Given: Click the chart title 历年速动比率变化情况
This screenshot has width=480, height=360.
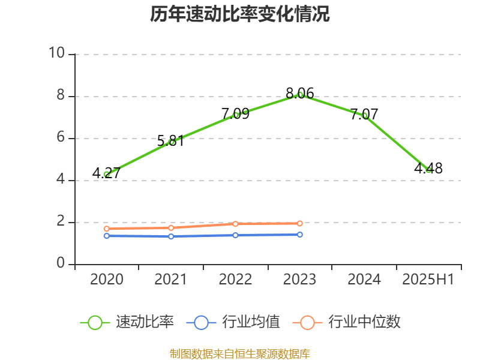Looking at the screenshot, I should pyautogui.click(x=239, y=14).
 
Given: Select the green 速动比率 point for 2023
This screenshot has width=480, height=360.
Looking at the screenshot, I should pyautogui.click(x=300, y=95).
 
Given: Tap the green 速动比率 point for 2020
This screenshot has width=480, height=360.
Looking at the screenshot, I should pyautogui.click(x=107, y=174).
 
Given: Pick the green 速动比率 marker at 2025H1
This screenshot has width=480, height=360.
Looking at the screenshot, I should pyautogui.click(x=428, y=170).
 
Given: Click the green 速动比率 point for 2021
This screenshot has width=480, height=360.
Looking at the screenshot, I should pyautogui.click(x=171, y=142).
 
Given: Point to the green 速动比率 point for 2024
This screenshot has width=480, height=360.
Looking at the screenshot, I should pyautogui.click(x=364, y=115).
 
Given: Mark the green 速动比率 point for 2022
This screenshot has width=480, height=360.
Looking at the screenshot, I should pyautogui.click(x=236, y=115).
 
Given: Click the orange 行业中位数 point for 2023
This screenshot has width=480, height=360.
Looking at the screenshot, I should pyautogui.click(x=300, y=223).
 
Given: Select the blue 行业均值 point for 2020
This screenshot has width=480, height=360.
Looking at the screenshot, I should pyautogui.click(x=107, y=236).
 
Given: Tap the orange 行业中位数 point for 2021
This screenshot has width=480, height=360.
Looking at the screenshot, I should pyautogui.click(x=171, y=228).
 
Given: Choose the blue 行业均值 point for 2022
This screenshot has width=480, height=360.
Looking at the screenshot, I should pyautogui.click(x=236, y=235).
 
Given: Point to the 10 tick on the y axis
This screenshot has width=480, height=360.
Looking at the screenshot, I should pyautogui.click(x=57, y=54).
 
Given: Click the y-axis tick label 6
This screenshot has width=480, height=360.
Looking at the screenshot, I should pyautogui.click(x=60, y=138).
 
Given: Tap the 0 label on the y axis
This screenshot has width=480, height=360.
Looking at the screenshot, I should pyautogui.click(x=60, y=264).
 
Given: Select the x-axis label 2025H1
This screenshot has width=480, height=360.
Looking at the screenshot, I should pyautogui.click(x=428, y=280).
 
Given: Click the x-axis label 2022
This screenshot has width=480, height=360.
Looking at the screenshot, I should pyautogui.click(x=236, y=280).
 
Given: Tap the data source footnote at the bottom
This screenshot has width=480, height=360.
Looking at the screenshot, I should pyautogui.click(x=239, y=353).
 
